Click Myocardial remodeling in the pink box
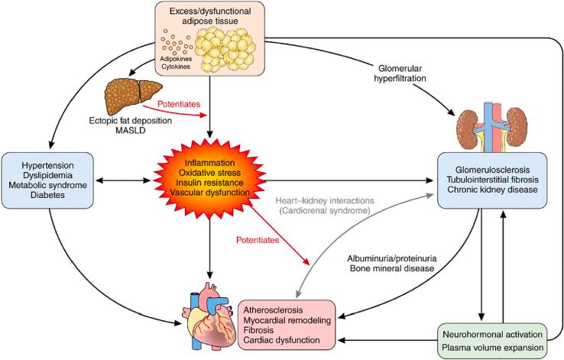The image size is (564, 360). click(287, 322)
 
